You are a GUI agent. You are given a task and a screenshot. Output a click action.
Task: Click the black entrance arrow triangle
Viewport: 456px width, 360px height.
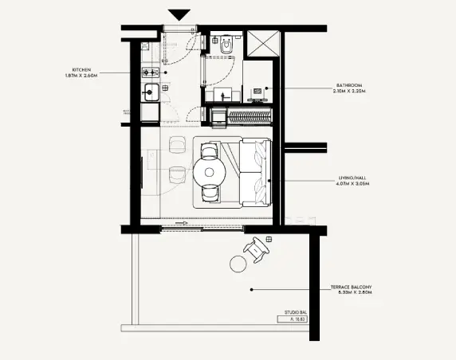coord(179,14)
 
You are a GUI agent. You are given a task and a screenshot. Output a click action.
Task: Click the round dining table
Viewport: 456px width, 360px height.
coord(210,171)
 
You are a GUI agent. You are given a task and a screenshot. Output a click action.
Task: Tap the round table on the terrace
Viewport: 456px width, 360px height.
coord(238,264)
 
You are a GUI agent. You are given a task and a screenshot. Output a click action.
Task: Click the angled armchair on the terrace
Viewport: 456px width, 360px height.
coord(259,249)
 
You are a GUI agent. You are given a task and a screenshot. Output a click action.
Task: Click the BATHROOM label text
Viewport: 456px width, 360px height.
coord(349,84)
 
